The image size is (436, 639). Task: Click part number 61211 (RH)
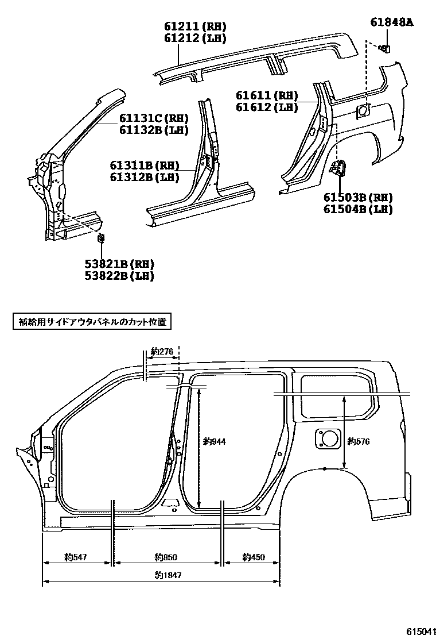click(x=194, y=26)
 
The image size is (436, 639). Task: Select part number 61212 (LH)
click(x=194, y=39)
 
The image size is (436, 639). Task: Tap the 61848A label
click(x=392, y=23)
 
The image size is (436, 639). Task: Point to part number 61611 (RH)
click(x=267, y=95)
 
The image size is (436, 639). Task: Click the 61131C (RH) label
click(x=154, y=118)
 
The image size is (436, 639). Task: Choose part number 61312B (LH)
click(x=145, y=178)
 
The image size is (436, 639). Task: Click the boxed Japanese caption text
click(x=92, y=322)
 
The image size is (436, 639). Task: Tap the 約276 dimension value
click(x=162, y=352)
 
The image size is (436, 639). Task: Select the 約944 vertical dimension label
click(x=215, y=441)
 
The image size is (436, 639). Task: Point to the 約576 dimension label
click(x=359, y=441)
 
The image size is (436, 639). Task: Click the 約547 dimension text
click(x=75, y=556)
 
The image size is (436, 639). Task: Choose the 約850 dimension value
click(x=166, y=556)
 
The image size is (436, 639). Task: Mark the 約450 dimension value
click(x=254, y=556)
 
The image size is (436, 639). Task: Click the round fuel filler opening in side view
click(x=329, y=438)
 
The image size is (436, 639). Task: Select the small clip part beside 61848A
click(x=386, y=48)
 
